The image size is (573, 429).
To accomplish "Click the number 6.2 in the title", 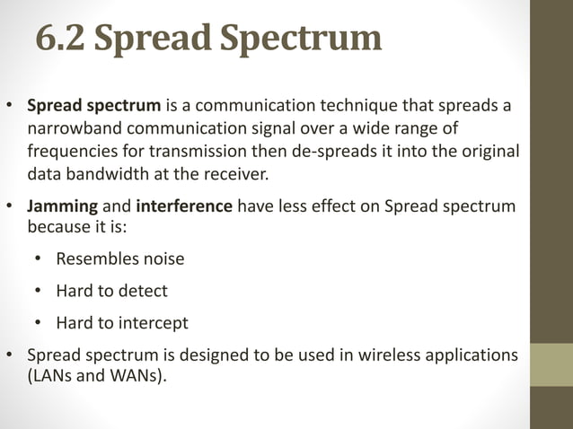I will tap(61, 39).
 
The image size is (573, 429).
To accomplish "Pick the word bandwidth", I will tap(100, 173).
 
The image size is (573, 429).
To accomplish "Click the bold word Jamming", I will tap(59, 206).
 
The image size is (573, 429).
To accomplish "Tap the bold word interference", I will tap(184, 206).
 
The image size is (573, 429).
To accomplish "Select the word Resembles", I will tap(94, 259).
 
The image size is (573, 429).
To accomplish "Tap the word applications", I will tap(471, 355).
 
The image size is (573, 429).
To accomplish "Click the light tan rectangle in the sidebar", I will tap(551, 363).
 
